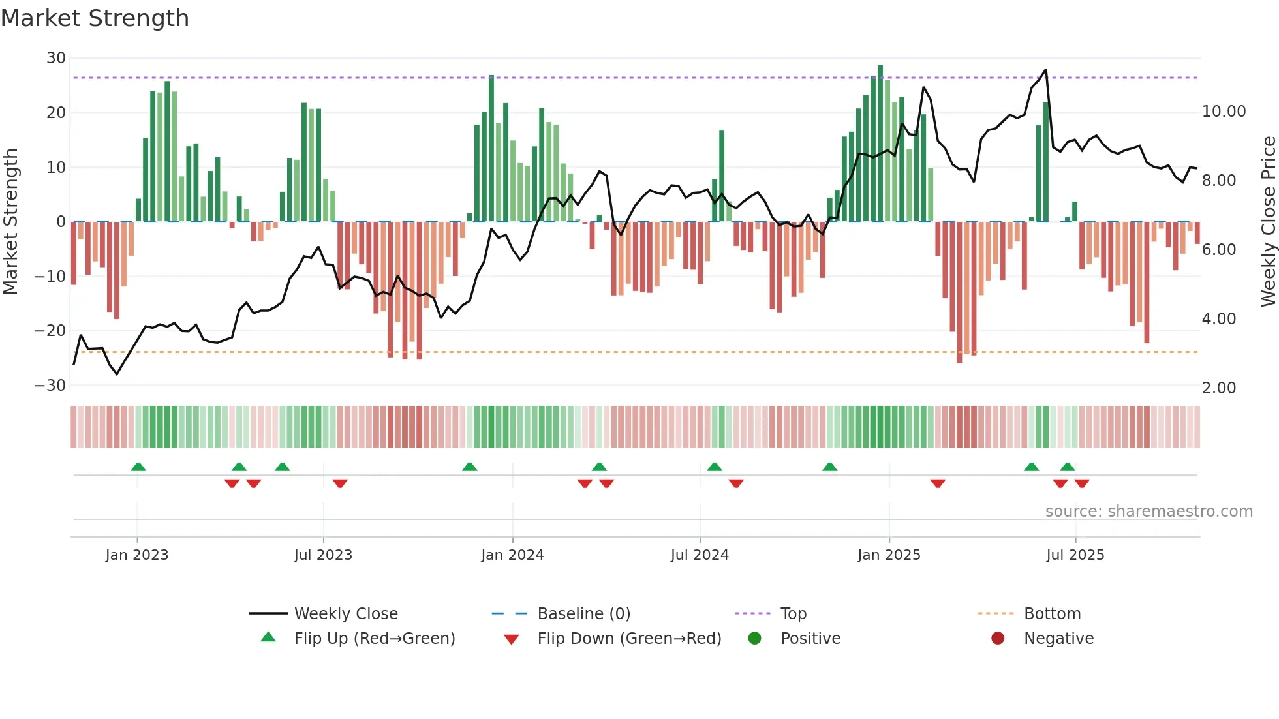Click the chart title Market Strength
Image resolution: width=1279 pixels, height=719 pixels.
point(95,18)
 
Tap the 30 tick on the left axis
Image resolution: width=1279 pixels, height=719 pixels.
point(56,58)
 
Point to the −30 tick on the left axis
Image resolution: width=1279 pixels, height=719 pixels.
point(50,385)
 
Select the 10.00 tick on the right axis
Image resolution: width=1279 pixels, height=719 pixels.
point(1224,112)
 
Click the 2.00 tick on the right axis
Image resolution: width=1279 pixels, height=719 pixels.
point(1218,388)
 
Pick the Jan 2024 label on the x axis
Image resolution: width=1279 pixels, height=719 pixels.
point(512,555)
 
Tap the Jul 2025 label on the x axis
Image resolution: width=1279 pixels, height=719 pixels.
point(1075,555)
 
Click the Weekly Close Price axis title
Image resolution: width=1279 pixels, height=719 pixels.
point(1268,221)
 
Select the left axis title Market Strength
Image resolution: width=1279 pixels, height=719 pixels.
point(11,221)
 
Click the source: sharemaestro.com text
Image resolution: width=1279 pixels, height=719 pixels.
point(1148,511)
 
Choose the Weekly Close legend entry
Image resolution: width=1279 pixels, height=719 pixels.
point(345,613)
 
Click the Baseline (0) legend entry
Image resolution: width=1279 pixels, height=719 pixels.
point(583,613)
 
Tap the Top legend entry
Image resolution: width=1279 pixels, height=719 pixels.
point(793,613)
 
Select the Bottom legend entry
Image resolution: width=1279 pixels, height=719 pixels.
point(1052,613)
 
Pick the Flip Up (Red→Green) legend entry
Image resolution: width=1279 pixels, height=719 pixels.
point(374,638)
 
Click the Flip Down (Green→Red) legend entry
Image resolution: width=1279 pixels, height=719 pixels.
point(629,638)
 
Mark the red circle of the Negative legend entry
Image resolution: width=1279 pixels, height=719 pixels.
point(998,638)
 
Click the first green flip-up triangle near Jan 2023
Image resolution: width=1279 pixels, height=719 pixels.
point(138,467)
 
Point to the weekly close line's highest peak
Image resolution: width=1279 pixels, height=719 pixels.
point(1045,70)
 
